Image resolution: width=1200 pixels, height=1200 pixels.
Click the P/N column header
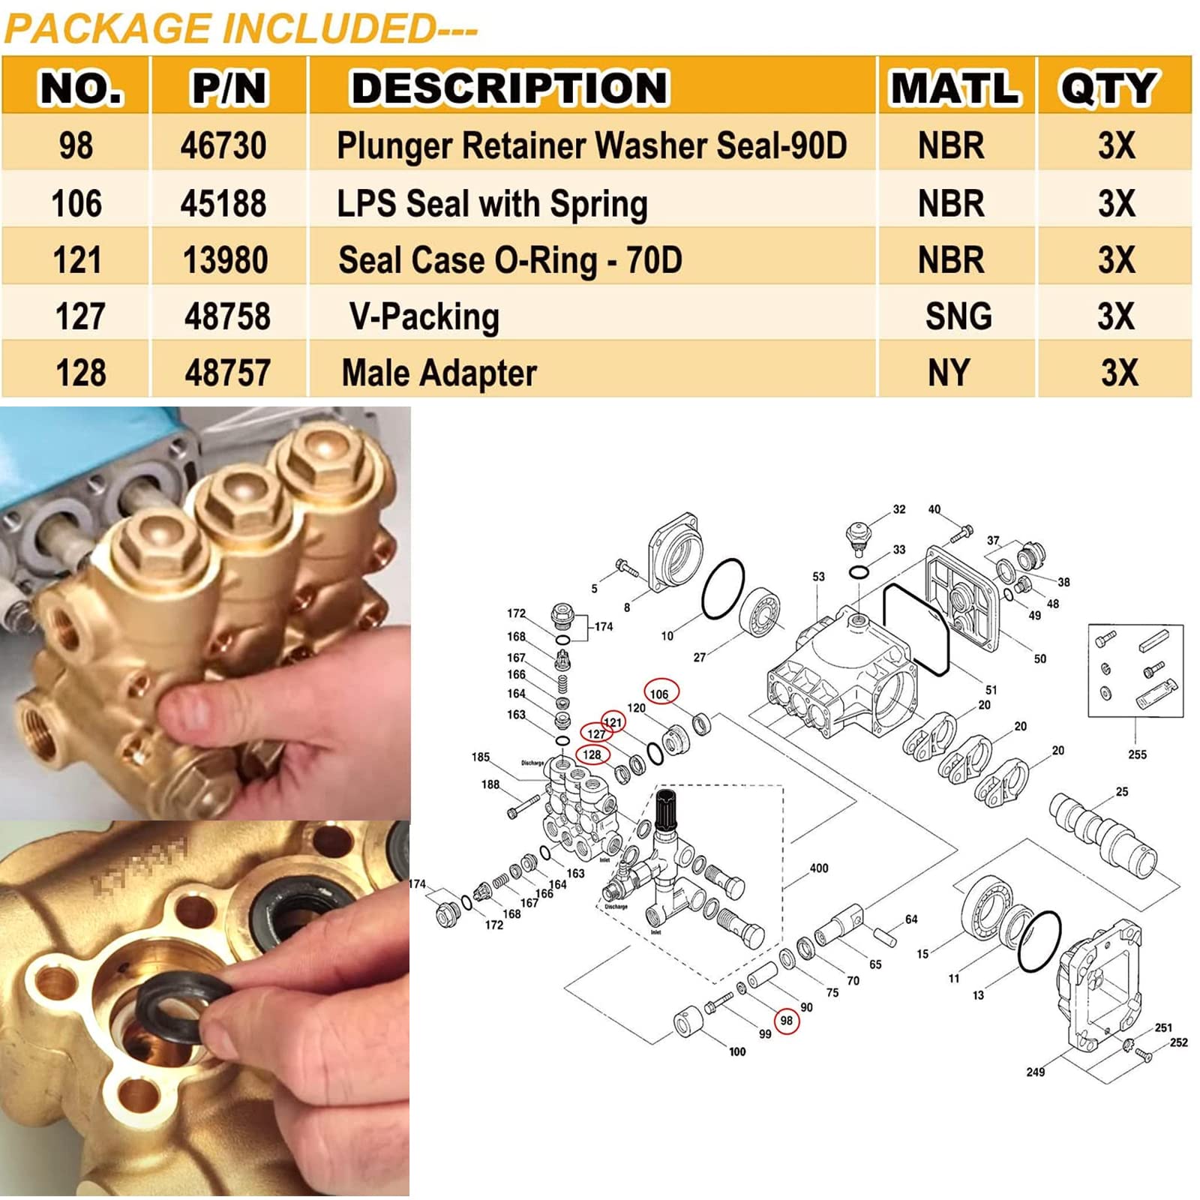coord(229,88)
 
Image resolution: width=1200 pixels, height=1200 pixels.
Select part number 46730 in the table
coord(223,145)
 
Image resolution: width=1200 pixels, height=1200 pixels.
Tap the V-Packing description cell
coord(424,316)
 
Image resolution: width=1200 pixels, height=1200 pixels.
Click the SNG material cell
coord(958,316)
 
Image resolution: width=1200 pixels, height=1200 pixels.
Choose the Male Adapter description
coord(439,373)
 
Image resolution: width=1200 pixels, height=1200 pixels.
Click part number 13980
coord(225,260)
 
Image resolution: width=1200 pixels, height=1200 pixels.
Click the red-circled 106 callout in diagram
coord(660,694)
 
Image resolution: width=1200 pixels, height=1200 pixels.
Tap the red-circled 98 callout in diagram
coord(786,1021)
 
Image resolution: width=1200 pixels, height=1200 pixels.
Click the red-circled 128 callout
coord(592,754)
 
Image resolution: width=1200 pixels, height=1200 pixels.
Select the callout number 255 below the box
coord(1137,754)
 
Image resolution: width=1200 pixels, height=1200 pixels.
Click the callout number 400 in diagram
coord(819,868)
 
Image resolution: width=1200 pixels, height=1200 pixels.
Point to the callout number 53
coord(818,577)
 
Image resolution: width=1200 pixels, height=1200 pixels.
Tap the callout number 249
coord(1035,1072)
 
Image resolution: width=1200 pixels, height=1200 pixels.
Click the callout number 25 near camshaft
coord(1121,791)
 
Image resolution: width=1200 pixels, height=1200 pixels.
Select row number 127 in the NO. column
coord(79,316)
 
